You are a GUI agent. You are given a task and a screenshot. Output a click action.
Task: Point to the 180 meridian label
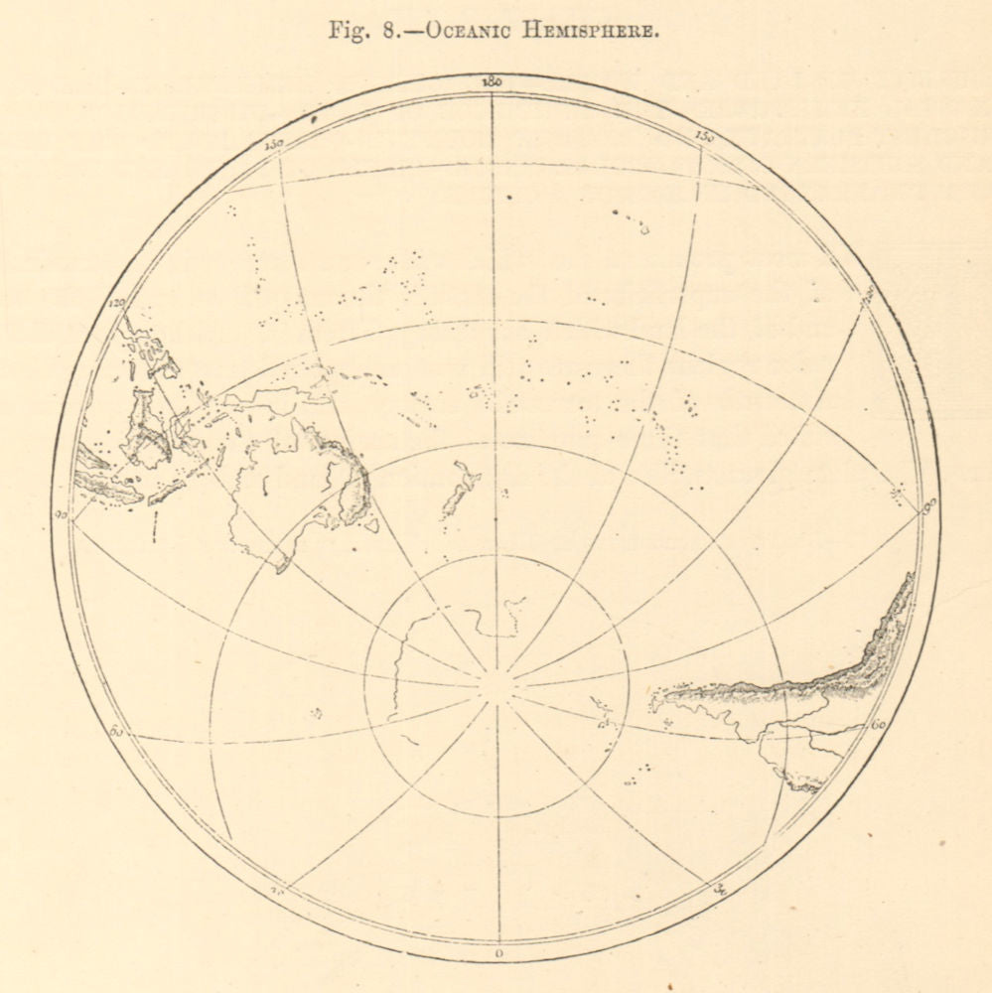point(490,82)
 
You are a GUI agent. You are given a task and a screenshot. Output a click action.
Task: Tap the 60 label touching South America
point(879,726)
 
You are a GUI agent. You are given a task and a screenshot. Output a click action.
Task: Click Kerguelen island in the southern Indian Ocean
point(316,712)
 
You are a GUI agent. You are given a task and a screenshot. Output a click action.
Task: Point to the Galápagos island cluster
point(899,493)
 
